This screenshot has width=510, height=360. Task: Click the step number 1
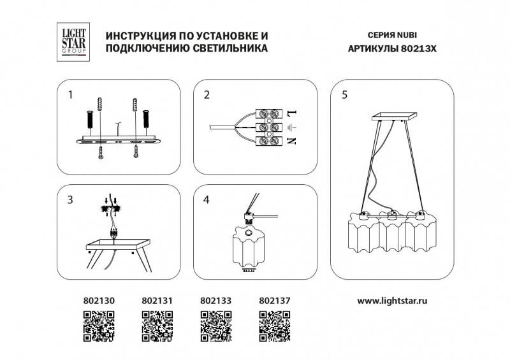point(71,96)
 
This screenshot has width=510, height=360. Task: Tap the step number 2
point(207,96)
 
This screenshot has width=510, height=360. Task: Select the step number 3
point(71,200)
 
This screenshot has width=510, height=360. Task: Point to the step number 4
point(207,200)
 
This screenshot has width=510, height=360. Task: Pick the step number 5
point(344,96)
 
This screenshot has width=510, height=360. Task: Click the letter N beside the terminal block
point(292,141)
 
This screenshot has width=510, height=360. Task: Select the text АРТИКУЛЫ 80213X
point(392,48)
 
